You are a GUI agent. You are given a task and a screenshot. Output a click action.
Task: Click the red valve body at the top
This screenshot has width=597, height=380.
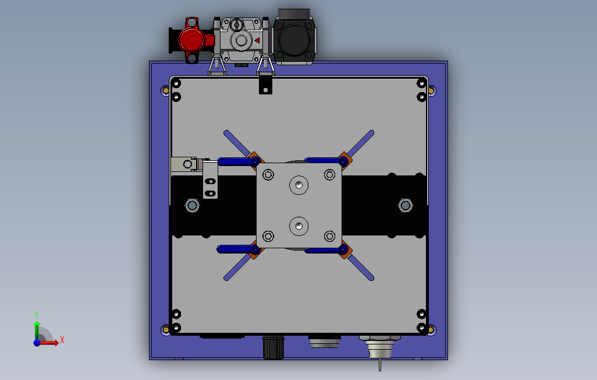click(x=192, y=40)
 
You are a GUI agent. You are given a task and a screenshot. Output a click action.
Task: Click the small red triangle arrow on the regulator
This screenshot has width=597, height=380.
click(x=257, y=40)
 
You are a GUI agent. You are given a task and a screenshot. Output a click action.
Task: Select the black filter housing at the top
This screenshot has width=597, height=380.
click(x=294, y=37)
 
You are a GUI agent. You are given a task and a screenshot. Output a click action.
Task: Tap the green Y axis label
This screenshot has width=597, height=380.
click(x=37, y=315)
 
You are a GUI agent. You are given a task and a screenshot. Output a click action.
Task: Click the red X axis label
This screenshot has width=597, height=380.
click(x=62, y=340)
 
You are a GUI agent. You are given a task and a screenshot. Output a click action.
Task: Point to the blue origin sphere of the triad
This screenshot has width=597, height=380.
click(x=37, y=343)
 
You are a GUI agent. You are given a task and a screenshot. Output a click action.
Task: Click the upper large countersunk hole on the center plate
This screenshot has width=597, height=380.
click(x=299, y=185)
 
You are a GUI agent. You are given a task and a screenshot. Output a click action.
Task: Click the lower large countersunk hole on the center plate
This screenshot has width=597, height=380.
click(x=299, y=226)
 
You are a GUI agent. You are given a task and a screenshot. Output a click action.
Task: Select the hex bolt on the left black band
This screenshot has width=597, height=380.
click(x=192, y=206)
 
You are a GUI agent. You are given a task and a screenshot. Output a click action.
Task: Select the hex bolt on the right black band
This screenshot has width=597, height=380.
click(x=406, y=206)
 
